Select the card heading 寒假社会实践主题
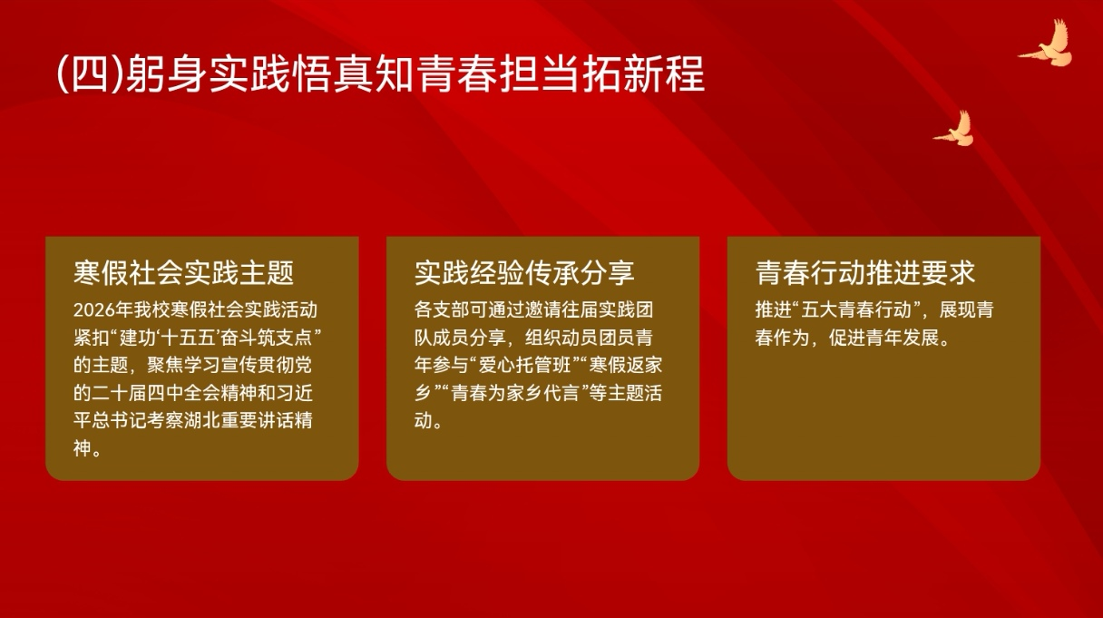click(x=183, y=272)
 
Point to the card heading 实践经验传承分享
click(x=524, y=272)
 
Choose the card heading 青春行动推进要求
click(x=865, y=272)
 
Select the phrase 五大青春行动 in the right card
click(x=856, y=310)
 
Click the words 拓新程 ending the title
click(x=644, y=75)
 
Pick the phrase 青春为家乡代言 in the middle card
click(x=515, y=393)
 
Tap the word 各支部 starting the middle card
click(x=442, y=310)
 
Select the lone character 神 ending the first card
click(x=83, y=448)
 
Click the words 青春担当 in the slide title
click(x=499, y=75)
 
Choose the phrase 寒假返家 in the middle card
click(x=626, y=365)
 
